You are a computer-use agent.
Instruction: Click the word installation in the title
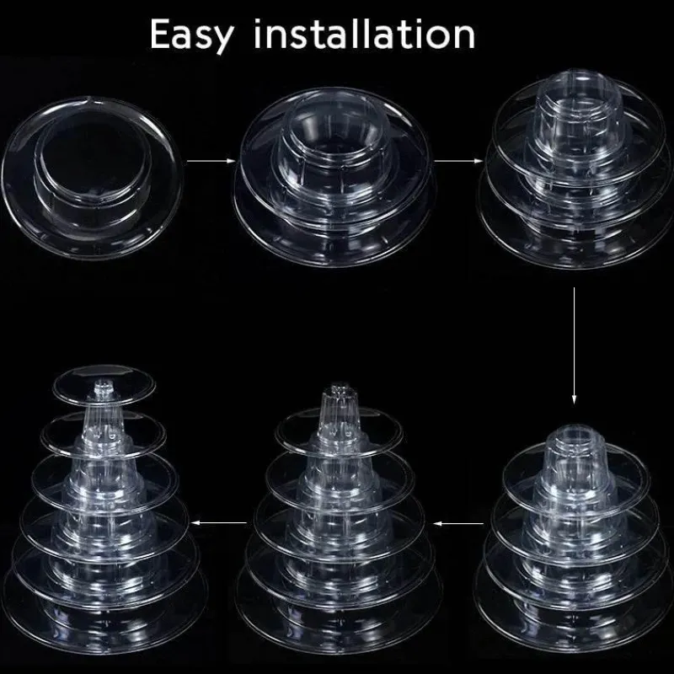tap(365, 34)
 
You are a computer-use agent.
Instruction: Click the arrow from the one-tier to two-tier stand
tap(211, 161)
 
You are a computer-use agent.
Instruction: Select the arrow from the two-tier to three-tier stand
tap(458, 161)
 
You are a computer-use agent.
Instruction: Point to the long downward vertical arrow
tap(574, 346)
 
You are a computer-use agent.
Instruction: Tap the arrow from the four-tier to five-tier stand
tap(458, 523)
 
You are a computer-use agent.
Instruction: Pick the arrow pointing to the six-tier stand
tap(219, 522)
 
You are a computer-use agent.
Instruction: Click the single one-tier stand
tap(92, 178)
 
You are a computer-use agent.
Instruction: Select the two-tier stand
tap(334, 176)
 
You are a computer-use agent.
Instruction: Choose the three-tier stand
tap(575, 170)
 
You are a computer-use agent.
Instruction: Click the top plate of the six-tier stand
tap(104, 384)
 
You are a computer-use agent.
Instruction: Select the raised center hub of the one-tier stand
tap(93, 163)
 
